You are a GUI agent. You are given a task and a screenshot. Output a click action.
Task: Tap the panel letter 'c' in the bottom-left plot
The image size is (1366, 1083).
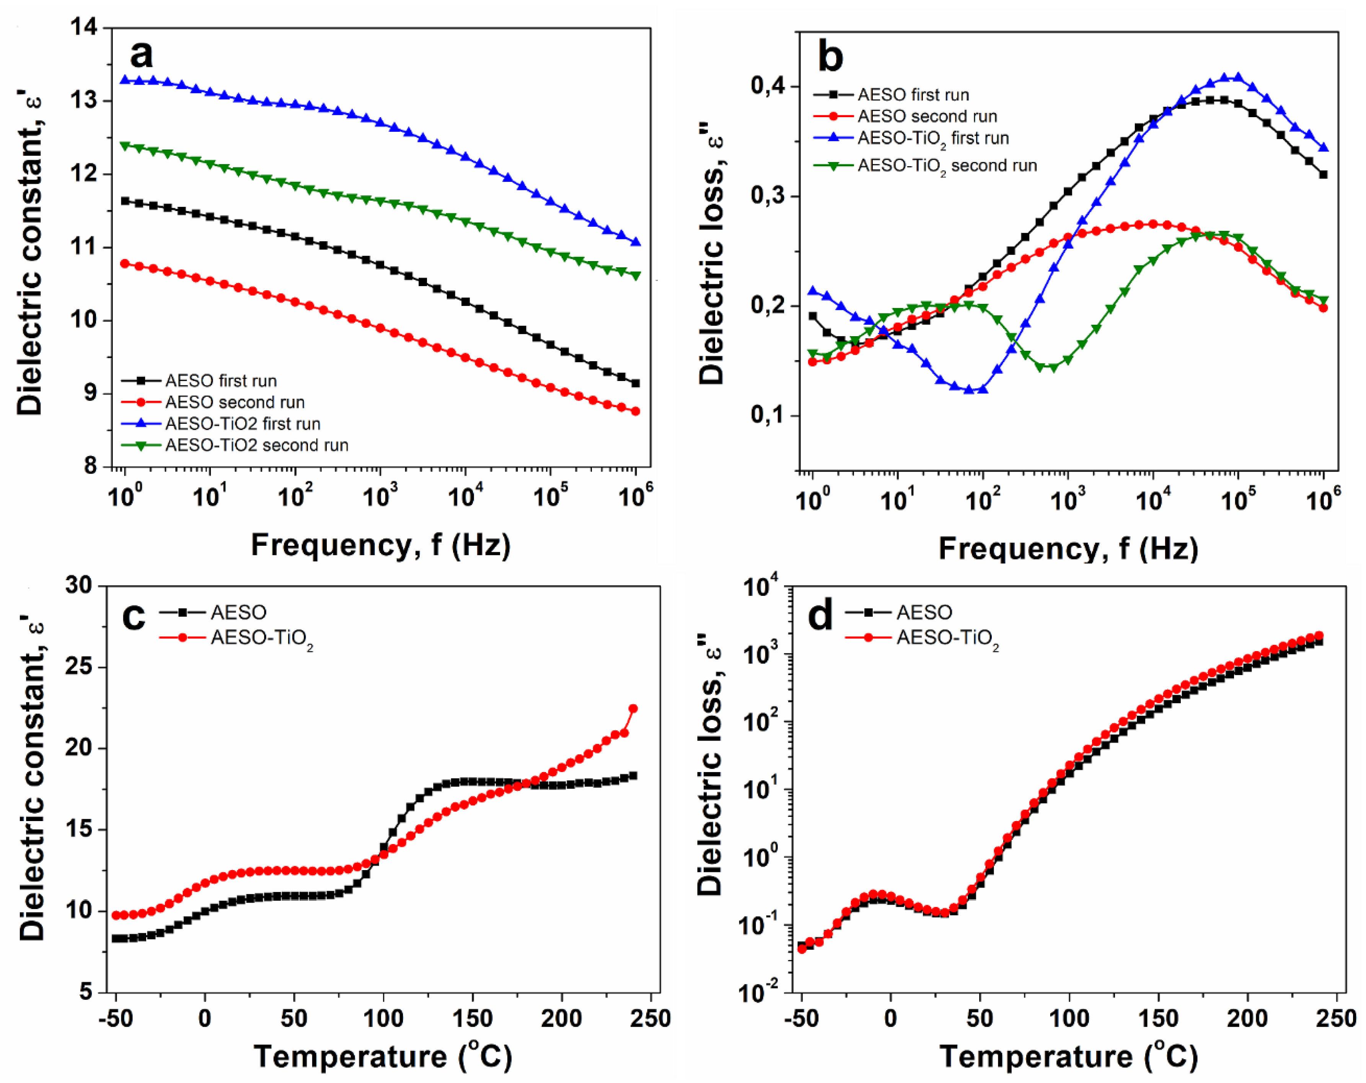pyautogui.click(x=133, y=617)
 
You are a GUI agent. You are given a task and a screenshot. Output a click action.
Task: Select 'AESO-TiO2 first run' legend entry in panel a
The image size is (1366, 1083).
pyautogui.click(x=242, y=424)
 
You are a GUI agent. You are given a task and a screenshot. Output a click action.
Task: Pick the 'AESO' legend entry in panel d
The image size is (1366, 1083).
pyautogui.click(x=924, y=612)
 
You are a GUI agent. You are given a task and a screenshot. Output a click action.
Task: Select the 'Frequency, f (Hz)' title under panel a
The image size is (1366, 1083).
pyautogui.click(x=381, y=545)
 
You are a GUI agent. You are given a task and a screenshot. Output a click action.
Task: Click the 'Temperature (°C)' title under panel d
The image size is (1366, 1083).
pyautogui.click(x=1068, y=1056)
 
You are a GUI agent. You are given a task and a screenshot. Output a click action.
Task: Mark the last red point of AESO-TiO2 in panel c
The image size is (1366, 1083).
pyautogui.click(x=632, y=708)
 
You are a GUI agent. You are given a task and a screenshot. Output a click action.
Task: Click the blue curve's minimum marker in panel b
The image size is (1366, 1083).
pyautogui.click(x=969, y=390)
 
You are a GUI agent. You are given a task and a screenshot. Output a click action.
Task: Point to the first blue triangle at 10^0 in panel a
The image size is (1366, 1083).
pyautogui.click(x=125, y=80)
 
